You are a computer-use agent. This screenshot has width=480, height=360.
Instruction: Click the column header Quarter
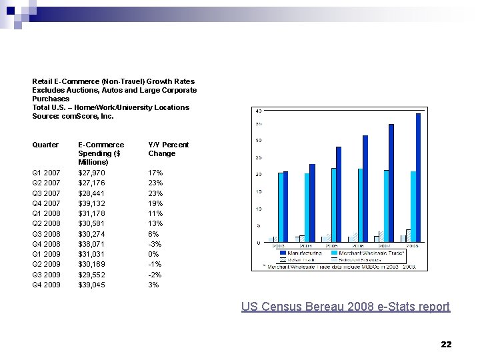pos(45,145)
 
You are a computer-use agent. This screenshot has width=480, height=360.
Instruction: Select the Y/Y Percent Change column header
pos(168,149)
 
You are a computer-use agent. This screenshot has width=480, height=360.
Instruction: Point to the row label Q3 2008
pos(46,234)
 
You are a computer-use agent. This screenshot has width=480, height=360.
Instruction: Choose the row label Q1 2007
pos(46,173)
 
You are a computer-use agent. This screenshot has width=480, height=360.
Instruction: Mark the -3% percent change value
pos(154,244)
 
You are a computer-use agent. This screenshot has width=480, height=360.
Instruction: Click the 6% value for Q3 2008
pos(153,234)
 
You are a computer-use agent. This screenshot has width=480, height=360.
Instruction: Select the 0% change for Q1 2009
pos(153,254)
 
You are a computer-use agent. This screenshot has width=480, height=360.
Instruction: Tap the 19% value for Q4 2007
pos(155,203)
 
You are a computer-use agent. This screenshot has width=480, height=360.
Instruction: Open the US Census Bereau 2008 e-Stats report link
pos(345,307)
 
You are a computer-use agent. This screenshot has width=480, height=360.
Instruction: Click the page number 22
pos(446,344)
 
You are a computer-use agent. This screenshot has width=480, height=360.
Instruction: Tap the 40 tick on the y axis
pos(258,111)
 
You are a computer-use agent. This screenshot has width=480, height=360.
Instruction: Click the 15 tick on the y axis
pos(258,192)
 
